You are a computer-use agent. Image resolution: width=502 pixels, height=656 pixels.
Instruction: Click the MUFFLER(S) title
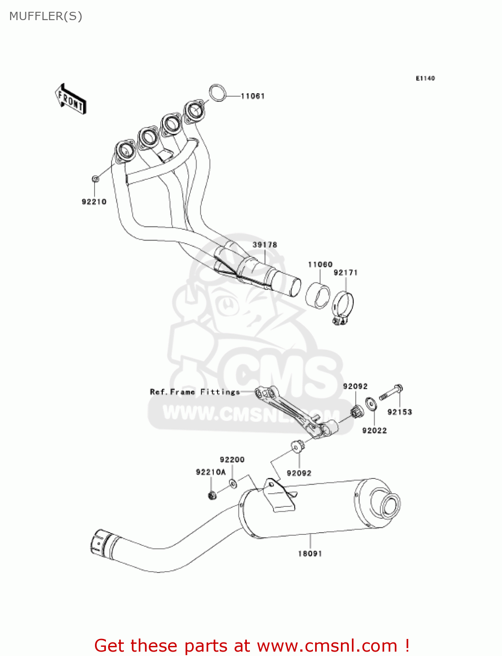[46, 16]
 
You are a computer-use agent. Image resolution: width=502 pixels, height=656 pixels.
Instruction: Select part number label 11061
[253, 96]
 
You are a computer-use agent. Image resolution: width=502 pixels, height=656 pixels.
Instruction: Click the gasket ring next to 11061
[217, 93]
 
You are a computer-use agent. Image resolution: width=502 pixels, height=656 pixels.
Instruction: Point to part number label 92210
[94, 202]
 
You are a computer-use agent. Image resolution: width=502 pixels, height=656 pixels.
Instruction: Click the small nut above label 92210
[95, 178]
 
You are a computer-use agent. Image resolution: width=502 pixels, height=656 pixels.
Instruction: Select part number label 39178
[265, 245]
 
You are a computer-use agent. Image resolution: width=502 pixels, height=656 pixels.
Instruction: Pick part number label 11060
[320, 265]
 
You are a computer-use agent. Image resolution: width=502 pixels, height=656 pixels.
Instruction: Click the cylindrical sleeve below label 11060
[318, 296]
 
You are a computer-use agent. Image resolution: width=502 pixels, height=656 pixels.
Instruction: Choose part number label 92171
[346, 273]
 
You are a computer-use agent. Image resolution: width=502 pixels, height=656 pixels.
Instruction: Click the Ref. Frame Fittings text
[195, 392]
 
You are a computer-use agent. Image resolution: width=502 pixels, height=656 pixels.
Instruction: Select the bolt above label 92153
[391, 392]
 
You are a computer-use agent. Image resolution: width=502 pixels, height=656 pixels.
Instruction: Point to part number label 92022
[374, 431]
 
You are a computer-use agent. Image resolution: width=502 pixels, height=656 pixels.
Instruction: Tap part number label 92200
[232, 460]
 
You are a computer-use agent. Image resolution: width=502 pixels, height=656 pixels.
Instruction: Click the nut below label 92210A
[212, 495]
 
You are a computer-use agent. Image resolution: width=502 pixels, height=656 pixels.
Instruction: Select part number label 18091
[310, 554]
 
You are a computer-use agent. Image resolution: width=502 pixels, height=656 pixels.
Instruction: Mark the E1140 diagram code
[425, 78]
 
